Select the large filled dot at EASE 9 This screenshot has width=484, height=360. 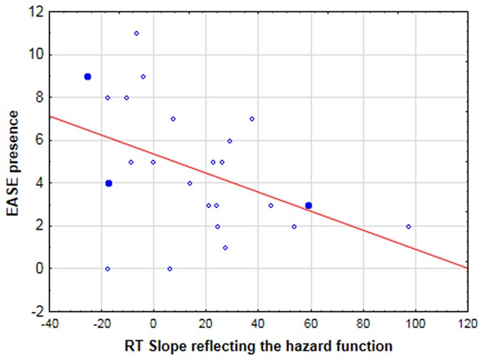coord(87,76)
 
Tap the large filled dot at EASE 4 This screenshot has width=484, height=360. coord(108,183)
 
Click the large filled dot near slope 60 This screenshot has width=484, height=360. coord(308,205)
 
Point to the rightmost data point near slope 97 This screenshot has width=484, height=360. coord(408,226)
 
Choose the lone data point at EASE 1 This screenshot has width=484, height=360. coord(225,247)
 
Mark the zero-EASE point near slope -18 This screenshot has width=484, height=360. coord(108,269)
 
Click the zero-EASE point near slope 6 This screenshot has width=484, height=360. coord(169,269)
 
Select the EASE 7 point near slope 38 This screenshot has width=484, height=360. coord(252,119)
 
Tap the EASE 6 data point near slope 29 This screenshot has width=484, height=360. coord(229,141)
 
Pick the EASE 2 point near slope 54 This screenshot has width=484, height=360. coord(294,226)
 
